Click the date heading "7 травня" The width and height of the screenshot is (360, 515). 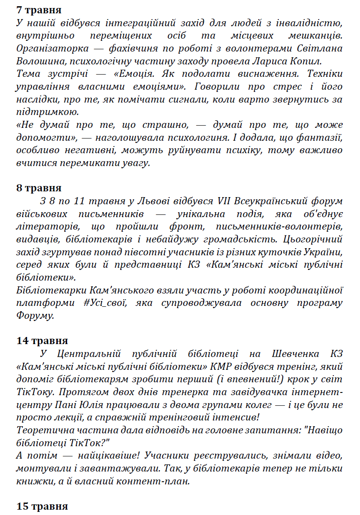click(39, 10)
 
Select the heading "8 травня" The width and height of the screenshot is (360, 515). click(39, 188)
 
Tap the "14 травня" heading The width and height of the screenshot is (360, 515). click(42, 341)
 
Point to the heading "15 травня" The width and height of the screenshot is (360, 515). click(42, 506)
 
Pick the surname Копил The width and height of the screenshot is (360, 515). click(304, 60)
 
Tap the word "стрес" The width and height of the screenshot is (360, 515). click(277, 86)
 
